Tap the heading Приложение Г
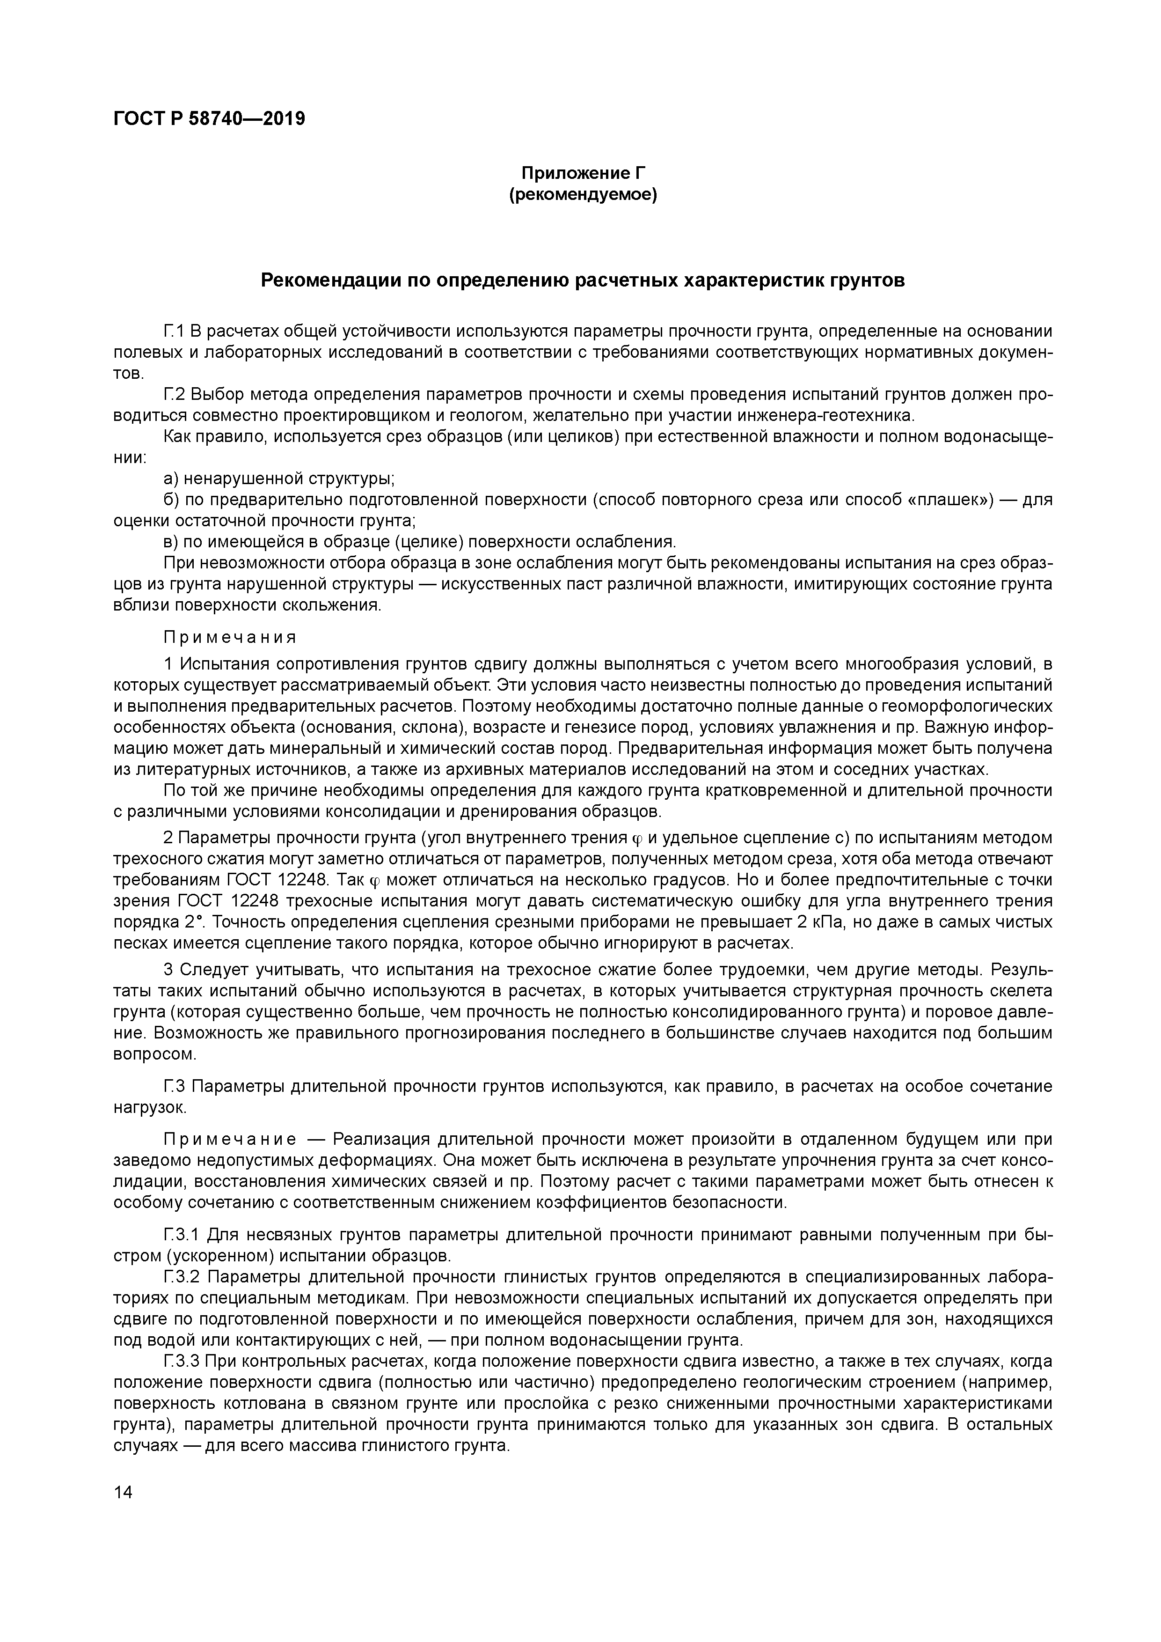point(583,173)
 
